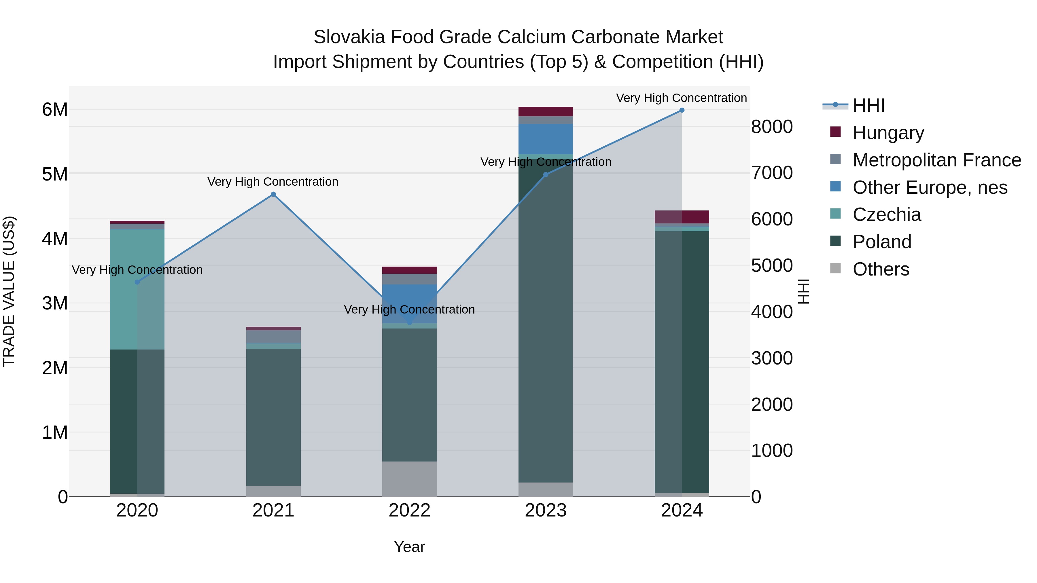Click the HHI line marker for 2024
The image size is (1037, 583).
click(x=682, y=110)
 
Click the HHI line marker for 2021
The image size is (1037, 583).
click(x=273, y=194)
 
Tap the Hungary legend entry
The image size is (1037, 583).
click(x=888, y=132)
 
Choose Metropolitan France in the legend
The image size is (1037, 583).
click(x=936, y=160)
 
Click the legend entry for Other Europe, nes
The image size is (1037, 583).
click(x=930, y=187)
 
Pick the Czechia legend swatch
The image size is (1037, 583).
click(x=835, y=214)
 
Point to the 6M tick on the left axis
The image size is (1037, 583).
click(x=55, y=109)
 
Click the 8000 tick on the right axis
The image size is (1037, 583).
click(x=772, y=127)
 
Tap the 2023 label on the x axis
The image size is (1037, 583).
click(x=546, y=510)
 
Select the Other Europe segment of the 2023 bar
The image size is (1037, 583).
click(x=546, y=139)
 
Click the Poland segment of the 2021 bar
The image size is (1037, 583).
click(x=273, y=417)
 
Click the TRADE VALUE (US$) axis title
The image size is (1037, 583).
click(x=9, y=291)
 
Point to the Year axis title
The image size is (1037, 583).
click(x=409, y=547)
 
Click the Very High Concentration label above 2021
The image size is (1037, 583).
click(x=273, y=182)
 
